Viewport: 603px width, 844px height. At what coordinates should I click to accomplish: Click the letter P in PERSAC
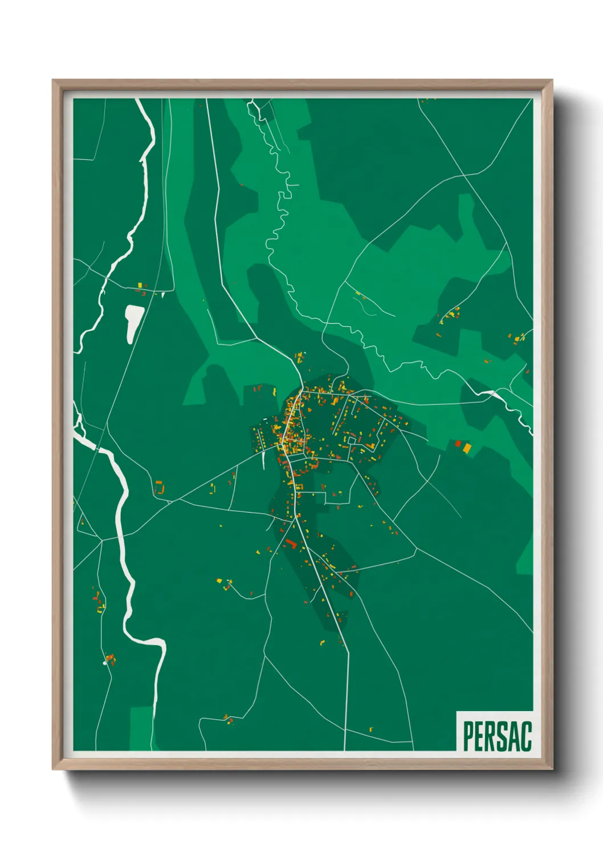tap(468, 736)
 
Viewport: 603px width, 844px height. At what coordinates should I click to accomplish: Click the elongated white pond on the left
tap(134, 322)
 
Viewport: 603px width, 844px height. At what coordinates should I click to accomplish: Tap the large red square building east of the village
tap(458, 443)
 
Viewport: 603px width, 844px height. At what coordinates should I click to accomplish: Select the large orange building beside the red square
tap(467, 448)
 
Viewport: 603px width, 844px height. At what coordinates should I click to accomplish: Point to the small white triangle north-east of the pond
tap(163, 295)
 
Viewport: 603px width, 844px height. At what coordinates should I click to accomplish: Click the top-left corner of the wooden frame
tap(53, 81)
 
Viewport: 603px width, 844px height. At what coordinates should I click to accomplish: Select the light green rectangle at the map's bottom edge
tap(141, 728)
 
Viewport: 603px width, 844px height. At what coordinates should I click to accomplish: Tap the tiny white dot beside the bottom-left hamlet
tap(105, 663)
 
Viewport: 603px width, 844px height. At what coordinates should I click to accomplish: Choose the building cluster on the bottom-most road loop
tap(229, 719)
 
